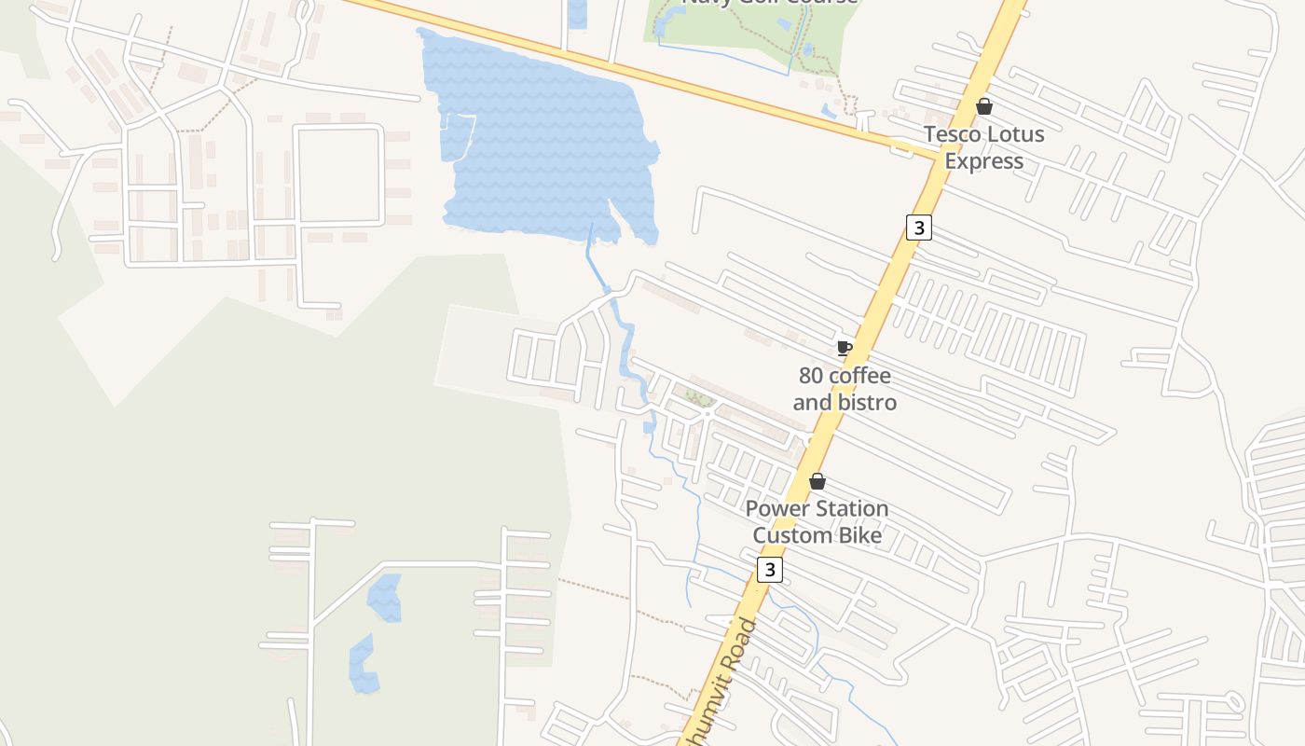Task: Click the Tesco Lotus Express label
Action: click(x=983, y=147)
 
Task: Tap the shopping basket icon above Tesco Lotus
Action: click(x=983, y=106)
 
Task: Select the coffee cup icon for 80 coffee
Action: click(x=844, y=349)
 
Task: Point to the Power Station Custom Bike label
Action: click(x=817, y=522)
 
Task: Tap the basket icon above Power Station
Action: click(x=817, y=482)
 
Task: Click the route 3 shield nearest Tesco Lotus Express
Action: click(x=919, y=227)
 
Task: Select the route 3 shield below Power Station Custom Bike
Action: click(x=769, y=570)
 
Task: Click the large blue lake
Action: click(x=541, y=140)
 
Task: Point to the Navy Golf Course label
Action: click(x=770, y=2)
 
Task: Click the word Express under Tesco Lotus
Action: click(x=983, y=161)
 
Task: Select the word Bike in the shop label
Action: click(x=860, y=535)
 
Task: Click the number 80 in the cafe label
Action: click(x=812, y=376)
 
